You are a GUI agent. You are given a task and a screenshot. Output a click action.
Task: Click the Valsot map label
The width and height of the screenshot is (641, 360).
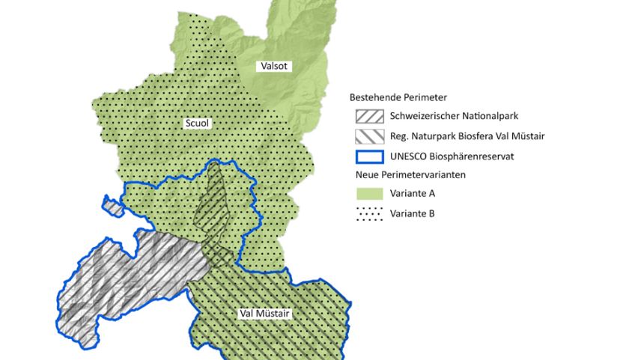click(274, 67)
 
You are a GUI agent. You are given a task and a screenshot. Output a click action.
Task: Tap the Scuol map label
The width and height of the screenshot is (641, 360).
click(196, 123)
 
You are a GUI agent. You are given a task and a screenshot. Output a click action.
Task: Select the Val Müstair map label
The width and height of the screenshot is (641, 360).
click(264, 314)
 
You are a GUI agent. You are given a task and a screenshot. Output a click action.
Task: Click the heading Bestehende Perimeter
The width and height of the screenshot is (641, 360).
click(398, 97)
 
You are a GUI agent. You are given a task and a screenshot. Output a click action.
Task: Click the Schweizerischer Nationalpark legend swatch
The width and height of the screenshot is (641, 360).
click(369, 116)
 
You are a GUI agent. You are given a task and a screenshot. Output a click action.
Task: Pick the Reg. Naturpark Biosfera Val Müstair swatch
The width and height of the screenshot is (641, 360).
click(369, 136)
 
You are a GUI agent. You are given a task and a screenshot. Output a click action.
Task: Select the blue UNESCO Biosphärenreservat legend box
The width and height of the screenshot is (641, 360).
click(369, 156)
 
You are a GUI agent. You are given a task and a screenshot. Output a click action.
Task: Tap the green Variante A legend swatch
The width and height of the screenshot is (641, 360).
click(369, 194)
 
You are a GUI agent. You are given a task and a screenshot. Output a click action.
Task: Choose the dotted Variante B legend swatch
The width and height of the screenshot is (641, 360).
click(369, 214)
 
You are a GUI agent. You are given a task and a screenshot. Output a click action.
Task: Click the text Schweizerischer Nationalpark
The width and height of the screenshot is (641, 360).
click(455, 116)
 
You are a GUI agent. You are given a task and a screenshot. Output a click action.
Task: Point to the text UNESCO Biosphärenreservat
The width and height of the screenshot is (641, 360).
click(449, 156)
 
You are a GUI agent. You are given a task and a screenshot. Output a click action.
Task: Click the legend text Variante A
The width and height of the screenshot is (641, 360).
click(413, 194)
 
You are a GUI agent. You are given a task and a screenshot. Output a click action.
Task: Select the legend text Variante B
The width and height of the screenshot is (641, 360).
click(413, 214)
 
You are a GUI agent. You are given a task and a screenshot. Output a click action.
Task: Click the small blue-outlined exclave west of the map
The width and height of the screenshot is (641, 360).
click(112, 206)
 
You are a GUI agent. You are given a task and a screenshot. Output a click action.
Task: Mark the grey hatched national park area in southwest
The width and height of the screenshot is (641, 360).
click(127, 277)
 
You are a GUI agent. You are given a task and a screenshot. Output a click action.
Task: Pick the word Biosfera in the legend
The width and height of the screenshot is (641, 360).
click(473, 136)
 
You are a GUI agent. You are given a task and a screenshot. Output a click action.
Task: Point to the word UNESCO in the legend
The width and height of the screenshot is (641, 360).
click(408, 156)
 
